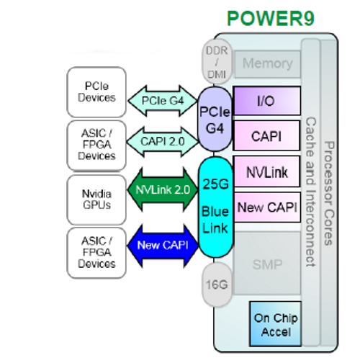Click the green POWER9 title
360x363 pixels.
pyautogui.click(x=271, y=19)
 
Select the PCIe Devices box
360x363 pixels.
pyautogui.click(x=96, y=92)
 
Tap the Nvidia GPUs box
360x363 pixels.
pyautogui.click(x=96, y=200)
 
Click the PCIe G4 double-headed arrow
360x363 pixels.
pyautogui.click(x=163, y=101)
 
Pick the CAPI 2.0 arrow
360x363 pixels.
pyautogui.click(x=163, y=142)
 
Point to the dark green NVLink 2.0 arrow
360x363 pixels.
pyautogui.click(x=163, y=189)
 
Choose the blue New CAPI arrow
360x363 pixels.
pyautogui.click(x=163, y=246)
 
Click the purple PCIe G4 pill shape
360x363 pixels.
pyautogui.click(x=215, y=120)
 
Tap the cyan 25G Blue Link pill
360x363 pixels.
pyautogui.click(x=215, y=207)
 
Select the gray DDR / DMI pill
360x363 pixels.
pyautogui.click(x=217, y=62)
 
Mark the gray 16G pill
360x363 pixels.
pyautogui.click(x=217, y=284)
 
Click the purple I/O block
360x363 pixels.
pyautogui.click(x=267, y=101)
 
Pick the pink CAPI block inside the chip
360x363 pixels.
pyautogui.click(x=267, y=136)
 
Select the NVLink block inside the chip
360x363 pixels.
pyautogui.click(x=267, y=171)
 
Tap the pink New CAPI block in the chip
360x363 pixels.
pyautogui.click(x=267, y=207)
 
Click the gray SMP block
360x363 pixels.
pyautogui.click(x=267, y=264)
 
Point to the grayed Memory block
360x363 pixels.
pyautogui.click(x=267, y=64)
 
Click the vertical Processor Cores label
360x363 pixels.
pyautogui.click(x=329, y=193)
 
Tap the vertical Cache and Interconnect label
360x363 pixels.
pyautogui.click(x=311, y=192)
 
